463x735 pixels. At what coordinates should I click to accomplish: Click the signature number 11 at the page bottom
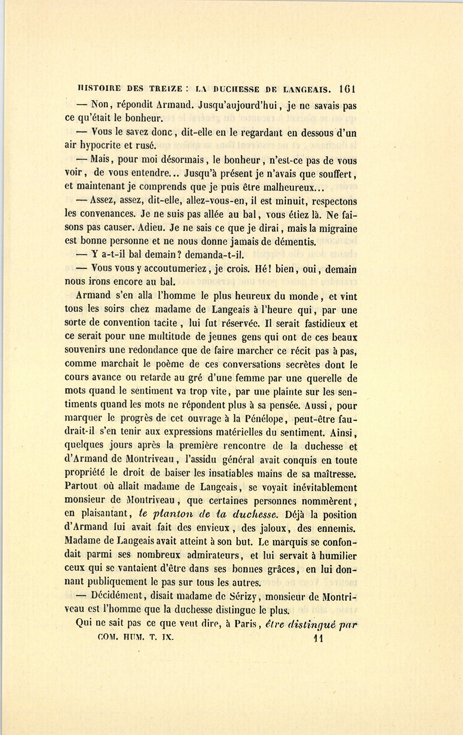tap(317, 639)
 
